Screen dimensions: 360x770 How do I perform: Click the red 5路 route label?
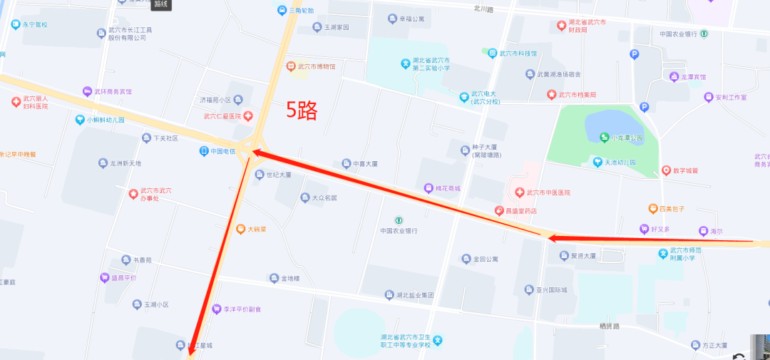point(302,110)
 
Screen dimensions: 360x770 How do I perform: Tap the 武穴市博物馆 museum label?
point(316,66)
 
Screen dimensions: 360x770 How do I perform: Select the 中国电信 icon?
point(204,151)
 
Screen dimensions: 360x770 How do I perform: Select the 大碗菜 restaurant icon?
point(241,230)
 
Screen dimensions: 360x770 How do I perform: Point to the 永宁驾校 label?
point(34,24)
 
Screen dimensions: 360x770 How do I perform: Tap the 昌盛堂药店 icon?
point(500,211)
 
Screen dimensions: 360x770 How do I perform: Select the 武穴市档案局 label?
point(576,95)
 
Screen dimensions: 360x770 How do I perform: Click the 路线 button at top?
point(161,4)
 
